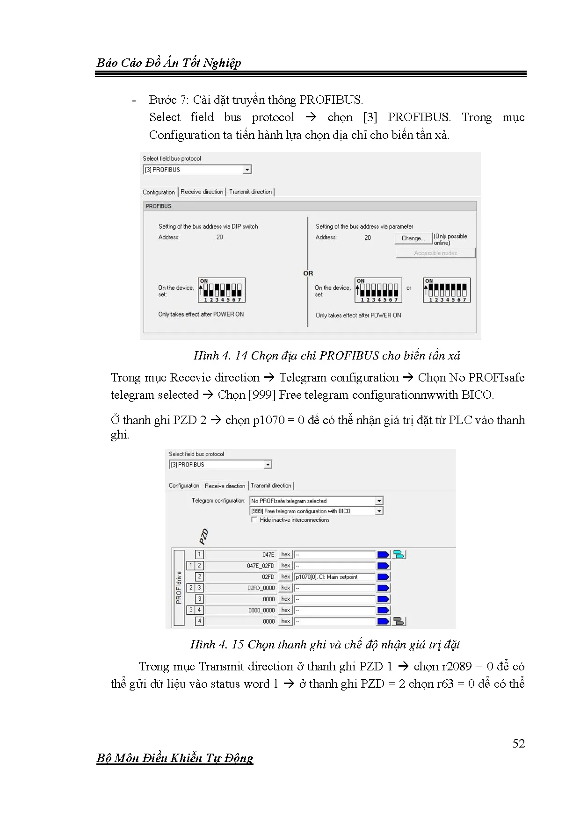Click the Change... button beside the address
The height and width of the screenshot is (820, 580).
(x=413, y=238)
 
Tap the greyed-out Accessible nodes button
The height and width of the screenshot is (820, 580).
(x=435, y=253)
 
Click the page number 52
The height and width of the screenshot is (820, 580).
(x=518, y=744)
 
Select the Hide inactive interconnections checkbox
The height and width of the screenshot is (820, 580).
(x=254, y=520)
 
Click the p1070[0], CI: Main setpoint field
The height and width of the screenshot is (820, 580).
(x=334, y=577)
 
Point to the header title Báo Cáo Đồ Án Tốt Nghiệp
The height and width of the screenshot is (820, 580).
(x=169, y=63)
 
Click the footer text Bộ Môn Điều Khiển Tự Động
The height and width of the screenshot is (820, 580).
(x=175, y=758)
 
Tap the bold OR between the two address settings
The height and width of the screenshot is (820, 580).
(x=308, y=273)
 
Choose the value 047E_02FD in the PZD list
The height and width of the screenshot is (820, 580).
(x=261, y=566)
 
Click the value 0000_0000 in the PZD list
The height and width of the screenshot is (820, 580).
(x=261, y=610)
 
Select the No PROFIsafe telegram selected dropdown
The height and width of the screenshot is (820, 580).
(x=316, y=501)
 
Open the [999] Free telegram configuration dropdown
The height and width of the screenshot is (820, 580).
(x=316, y=511)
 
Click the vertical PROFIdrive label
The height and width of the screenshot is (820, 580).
(x=179, y=588)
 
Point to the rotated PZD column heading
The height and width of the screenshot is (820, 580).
(x=203, y=537)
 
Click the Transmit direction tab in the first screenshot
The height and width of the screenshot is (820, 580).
(x=250, y=192)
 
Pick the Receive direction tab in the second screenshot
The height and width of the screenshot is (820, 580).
(x=225, y=486)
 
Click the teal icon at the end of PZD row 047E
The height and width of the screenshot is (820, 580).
(x=399, y=554)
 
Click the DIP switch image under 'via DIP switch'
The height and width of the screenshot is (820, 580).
(x=222, y=290)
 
